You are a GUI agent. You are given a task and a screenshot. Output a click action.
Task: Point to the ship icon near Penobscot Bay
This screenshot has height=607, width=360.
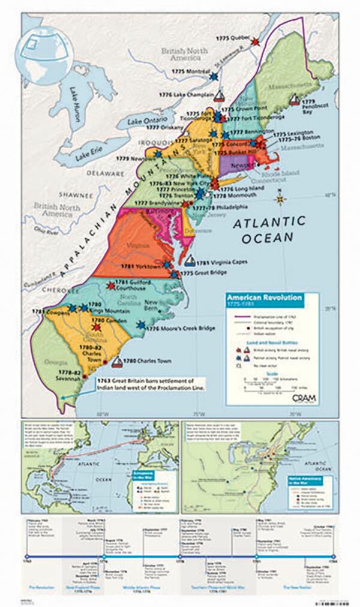pos(294,100)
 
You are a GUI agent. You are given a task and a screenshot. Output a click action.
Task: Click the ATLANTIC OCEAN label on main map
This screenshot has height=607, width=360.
pos(263,230)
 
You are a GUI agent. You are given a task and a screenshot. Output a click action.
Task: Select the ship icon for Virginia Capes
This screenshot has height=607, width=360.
pos(190,262)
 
